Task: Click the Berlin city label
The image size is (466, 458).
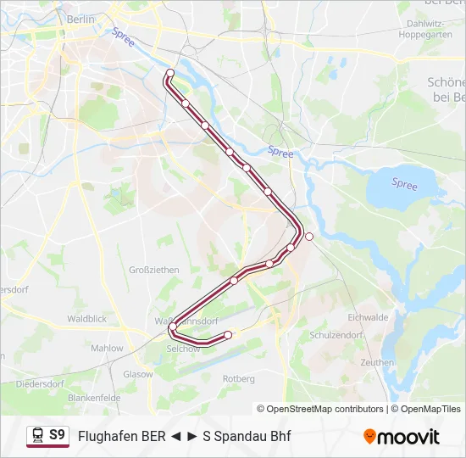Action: pyautogui.click(x=80, y=19)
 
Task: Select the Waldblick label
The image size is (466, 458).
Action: pyautogui.click(x=87, y=319)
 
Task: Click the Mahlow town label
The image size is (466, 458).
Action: pyautogui.click(x=107, y=348)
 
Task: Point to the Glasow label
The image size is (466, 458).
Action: pyautogui.click(x=137, y=373)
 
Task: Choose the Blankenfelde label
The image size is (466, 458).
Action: pyautogui.click(x=94, y=397)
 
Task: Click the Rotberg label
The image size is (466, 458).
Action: pyautogui.click(x=238, y=378)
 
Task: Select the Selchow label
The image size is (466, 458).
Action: pyautogui.click(x=184, y=349)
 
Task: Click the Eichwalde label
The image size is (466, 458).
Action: pyautogui.click(x=368, y=317)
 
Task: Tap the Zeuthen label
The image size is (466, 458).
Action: pyautogui.click(x=376, y=362)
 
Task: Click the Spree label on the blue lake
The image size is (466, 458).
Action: pyautogui.click(x=404, y=184)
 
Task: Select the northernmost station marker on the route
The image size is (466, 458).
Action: pyautogui.click(x=170, y=73)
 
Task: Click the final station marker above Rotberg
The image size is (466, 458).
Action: pyautogui.click(x=228, y=336)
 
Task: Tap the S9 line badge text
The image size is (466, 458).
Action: pyautogui.click(x=57, y=435)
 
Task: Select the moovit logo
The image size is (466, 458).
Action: pyautogui.click(x=402, y=437)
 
